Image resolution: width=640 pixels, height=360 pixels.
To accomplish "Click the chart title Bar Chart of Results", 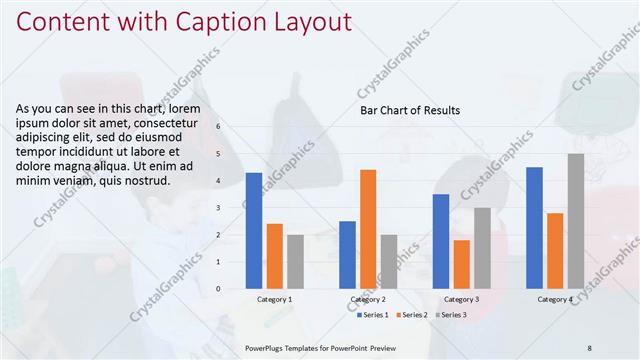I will [410, 110].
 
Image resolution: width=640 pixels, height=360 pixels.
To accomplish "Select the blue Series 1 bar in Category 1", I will [254, 230].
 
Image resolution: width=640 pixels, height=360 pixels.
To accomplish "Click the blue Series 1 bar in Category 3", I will [441, 240].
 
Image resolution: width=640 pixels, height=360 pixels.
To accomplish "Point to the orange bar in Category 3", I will [461, 264].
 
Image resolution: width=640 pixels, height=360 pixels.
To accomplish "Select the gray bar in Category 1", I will [295, 261].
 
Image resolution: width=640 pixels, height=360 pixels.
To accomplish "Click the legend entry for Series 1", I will [374, 315].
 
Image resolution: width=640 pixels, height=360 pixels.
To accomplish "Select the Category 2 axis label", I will [368, 299].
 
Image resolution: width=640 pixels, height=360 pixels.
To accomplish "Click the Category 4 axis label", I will [555, 299].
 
